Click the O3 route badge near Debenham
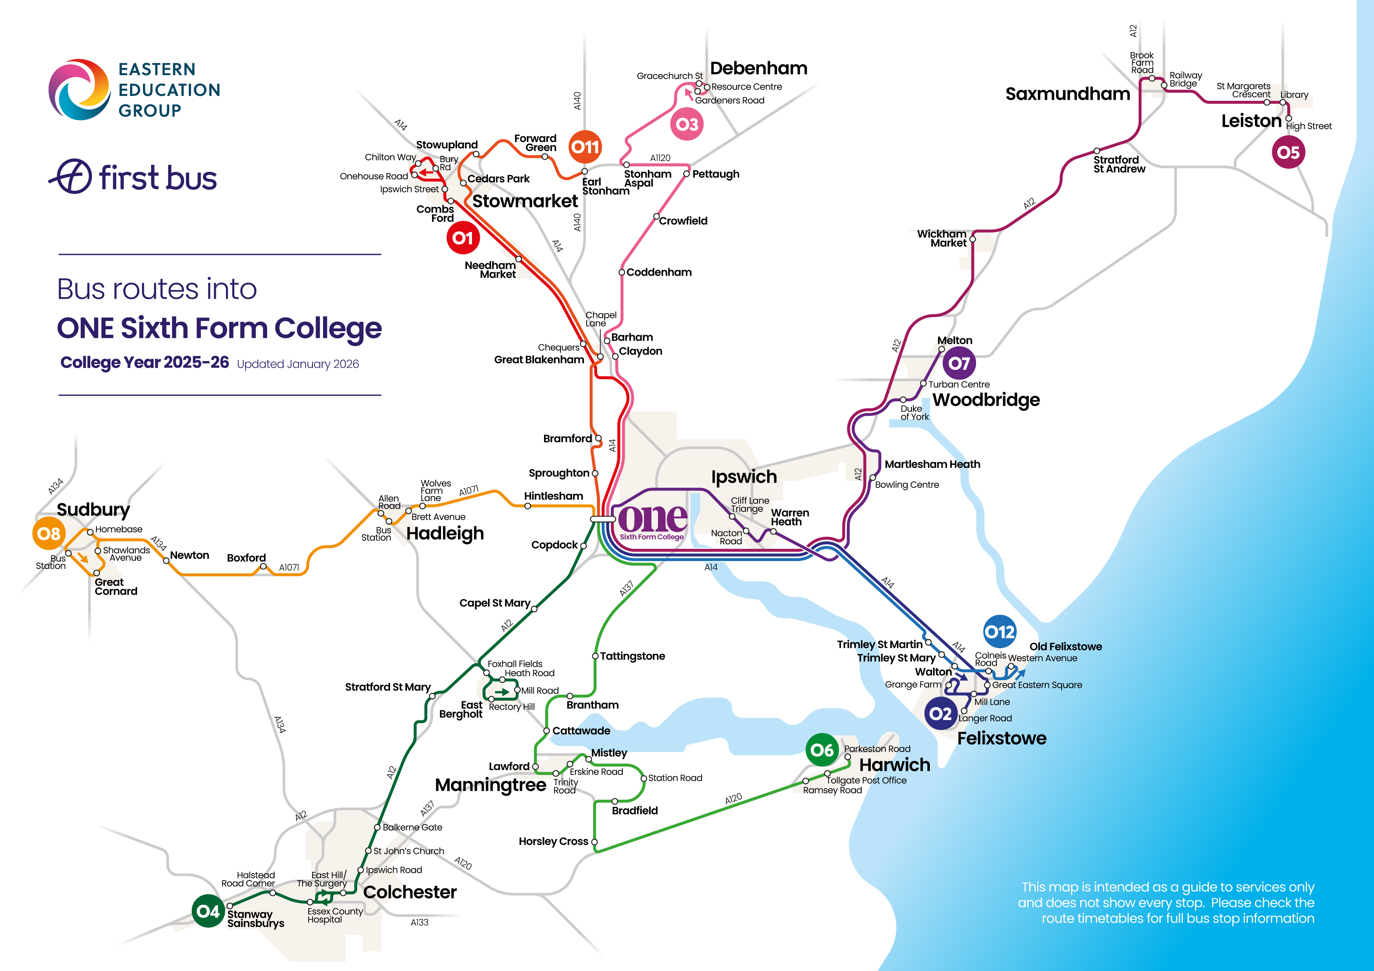pos(687,125)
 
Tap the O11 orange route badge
pos(585,146)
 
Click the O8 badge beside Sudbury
pos(49,534)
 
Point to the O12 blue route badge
pos(1000,632)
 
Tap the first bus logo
pos(133,177)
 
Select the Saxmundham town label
pos(1067,94)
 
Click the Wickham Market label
pos(942,238)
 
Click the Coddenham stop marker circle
pos(622,272)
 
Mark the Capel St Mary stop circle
pos(534,609)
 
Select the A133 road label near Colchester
pos(419,922)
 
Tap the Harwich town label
pos(894,765)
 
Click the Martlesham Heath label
pos(932,464)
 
